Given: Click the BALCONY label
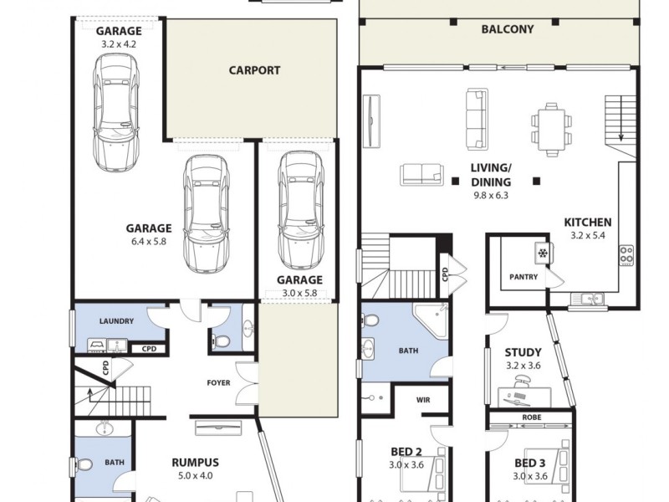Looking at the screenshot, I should (x=508, y=29).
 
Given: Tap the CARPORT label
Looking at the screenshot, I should (x=254, y=70).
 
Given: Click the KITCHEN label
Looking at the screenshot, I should (x=588, y=223).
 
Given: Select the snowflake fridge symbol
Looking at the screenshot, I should (x=542, y=252).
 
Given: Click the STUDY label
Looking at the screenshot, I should (x=523, y=352).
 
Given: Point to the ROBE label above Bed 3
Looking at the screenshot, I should (x=530, y=417).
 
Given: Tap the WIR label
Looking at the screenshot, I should (x=423, y=400).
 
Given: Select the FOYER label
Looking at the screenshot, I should (x=219, y=383).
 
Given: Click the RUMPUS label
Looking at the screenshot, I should (x=195, y=462).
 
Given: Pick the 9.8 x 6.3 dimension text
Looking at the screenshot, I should (x=490, y=195).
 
